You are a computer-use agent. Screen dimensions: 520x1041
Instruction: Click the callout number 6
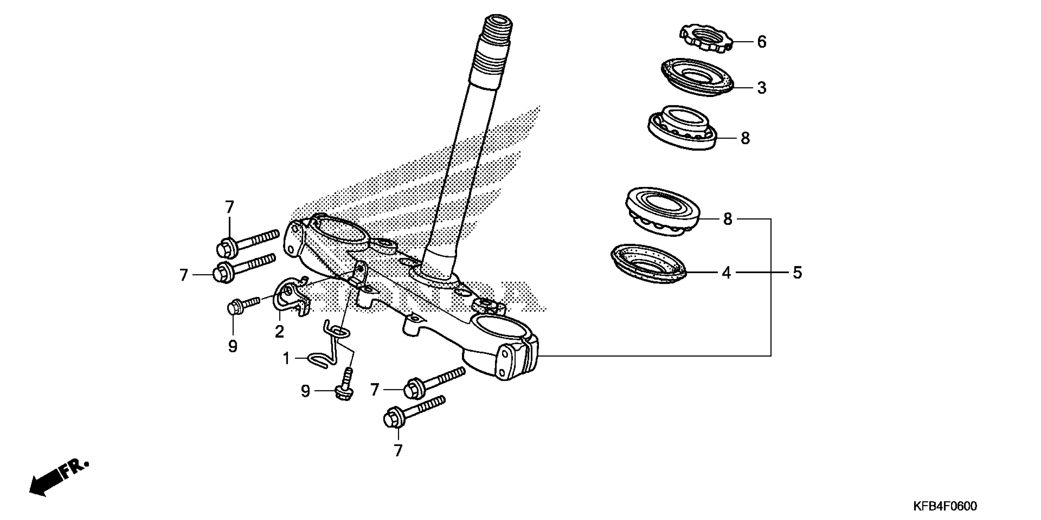click(761, 42)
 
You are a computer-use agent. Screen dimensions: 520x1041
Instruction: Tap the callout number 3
click(761, 88)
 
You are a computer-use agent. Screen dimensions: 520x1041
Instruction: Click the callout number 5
click(797, 273)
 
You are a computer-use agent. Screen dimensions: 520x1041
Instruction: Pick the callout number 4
click(726, 273)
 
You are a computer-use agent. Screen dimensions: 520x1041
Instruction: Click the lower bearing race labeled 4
click(648, 264)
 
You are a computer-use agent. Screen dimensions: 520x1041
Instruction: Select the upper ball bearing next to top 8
click(682, 128)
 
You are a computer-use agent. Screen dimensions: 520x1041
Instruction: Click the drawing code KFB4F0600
click(945, 506)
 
